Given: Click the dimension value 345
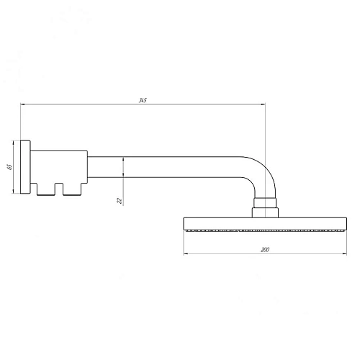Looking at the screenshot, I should tap(143, 99).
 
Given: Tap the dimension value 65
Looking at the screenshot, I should tap(9, 166).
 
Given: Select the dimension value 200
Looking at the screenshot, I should tap(266, 249).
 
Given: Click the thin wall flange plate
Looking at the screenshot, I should tap(27, 166).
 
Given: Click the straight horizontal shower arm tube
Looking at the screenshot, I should tap(166, 167).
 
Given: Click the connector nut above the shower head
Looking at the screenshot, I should tap(265, 207).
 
